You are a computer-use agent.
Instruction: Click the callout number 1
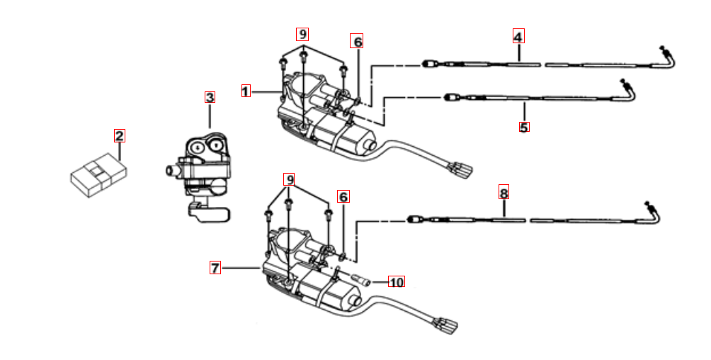point(245,91)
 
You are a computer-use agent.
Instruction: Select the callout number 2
point(119,136)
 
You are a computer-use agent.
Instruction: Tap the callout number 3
point(210,97)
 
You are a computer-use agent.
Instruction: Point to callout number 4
point(518,36)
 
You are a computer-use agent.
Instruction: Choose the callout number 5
point(524,127)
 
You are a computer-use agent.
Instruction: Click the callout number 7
point(215,268)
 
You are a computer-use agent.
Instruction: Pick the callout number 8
point(504,193)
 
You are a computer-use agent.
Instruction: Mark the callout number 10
point(397,282)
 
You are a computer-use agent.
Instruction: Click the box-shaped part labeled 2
point(98,175)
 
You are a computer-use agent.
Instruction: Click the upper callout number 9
point(302,34)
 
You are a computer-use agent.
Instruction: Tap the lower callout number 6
point(343,197)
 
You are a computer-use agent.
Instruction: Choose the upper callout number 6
point(357,42)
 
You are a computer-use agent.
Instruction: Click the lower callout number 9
point(289,180)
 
